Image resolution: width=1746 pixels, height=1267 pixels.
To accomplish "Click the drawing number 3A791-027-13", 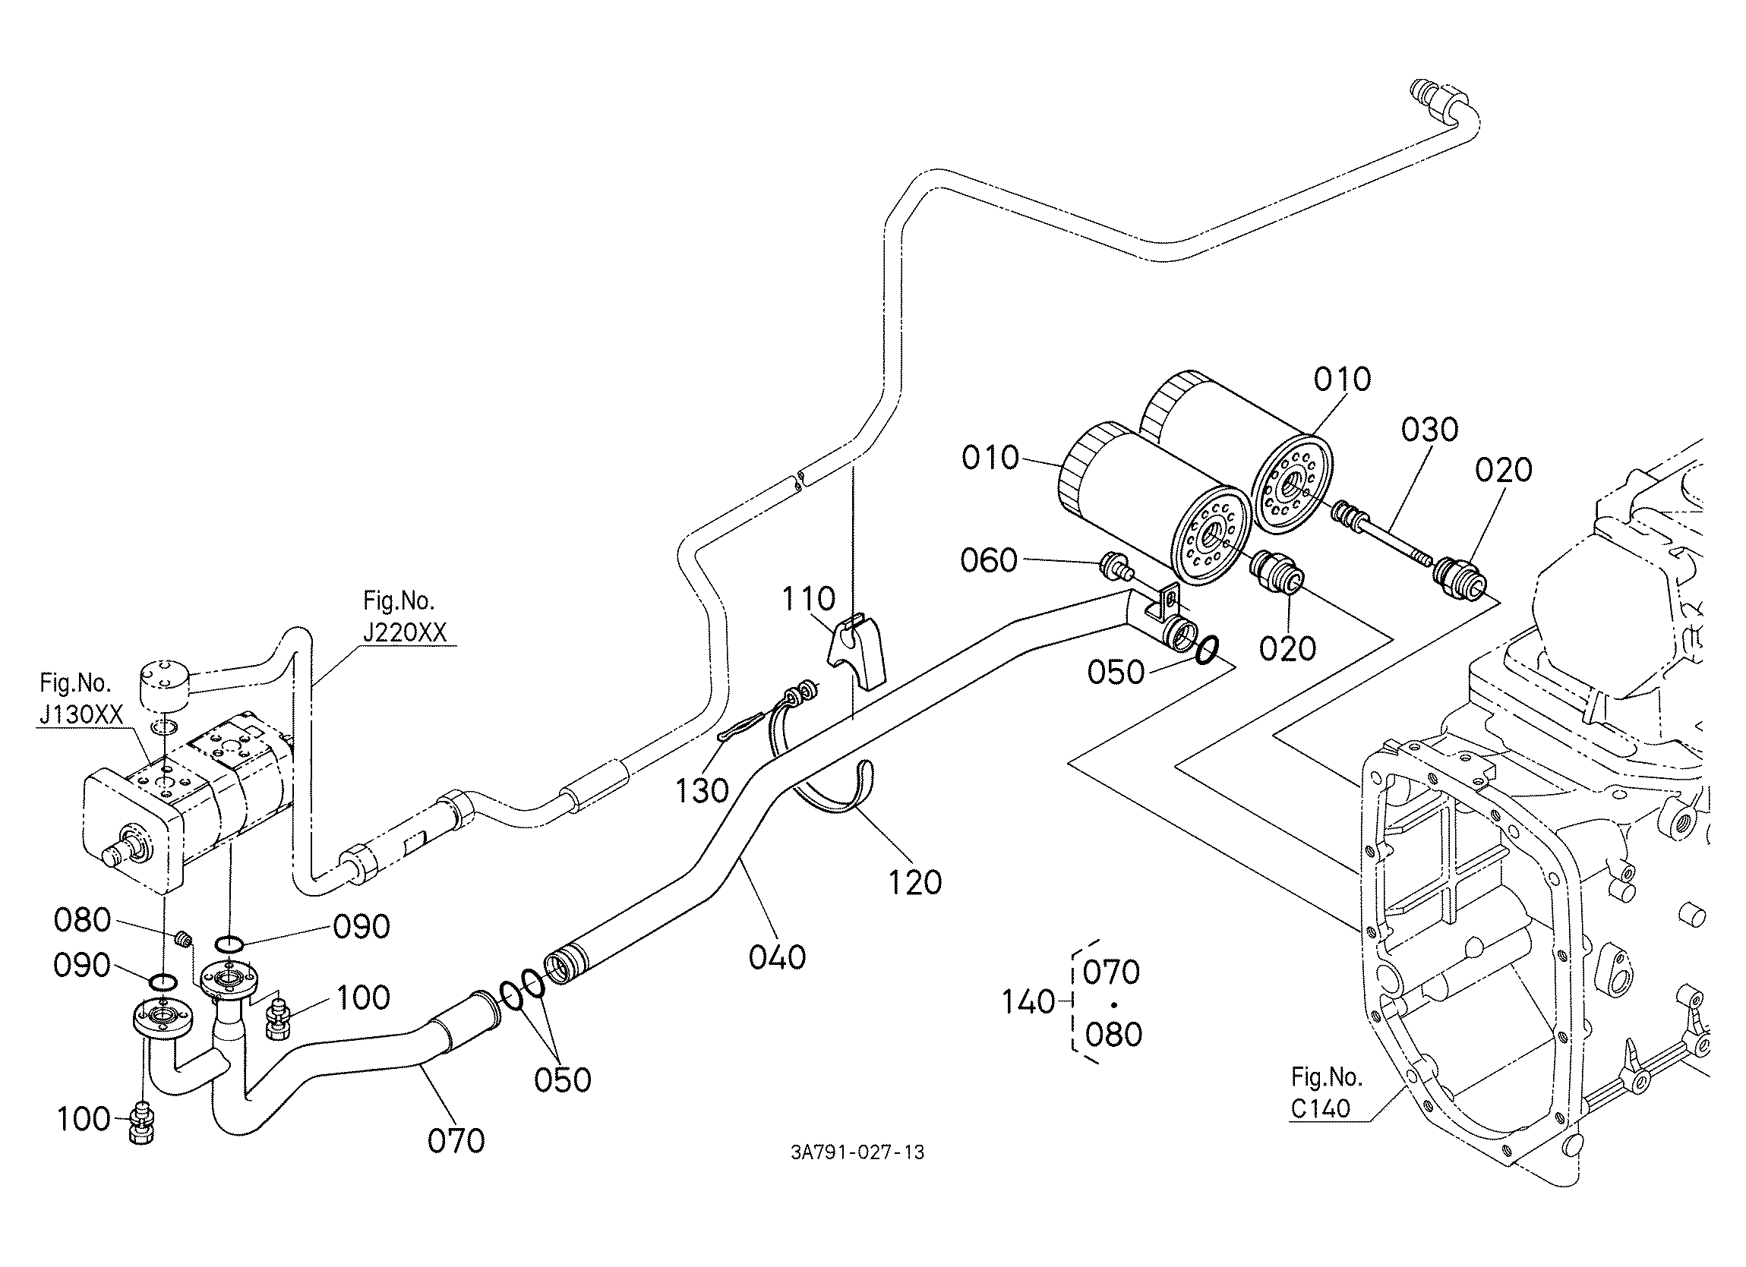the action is pos(857,1152).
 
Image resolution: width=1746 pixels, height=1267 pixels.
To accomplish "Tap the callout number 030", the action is pos(1429,430).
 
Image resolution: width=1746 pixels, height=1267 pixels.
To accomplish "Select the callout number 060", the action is pos(990,560).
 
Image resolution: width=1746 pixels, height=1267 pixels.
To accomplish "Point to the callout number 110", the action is pos(808,598).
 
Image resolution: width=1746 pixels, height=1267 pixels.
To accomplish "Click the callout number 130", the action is pos(702,790).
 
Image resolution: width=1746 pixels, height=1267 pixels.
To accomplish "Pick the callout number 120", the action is pos(914,883).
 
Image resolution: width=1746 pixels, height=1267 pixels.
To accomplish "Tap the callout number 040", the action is pos(778,957).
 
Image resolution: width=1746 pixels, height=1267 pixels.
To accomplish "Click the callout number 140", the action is pos(1028,1002).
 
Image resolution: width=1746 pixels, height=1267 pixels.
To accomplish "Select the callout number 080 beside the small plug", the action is pos(82,920).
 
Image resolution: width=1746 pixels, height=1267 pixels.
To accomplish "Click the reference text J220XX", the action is pos(405,632).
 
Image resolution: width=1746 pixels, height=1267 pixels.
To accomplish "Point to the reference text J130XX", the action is pos(81,715).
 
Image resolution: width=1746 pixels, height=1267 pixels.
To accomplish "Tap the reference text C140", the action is pos(1321,1108).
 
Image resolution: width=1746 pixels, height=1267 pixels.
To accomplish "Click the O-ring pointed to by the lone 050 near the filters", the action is pos(1205,649).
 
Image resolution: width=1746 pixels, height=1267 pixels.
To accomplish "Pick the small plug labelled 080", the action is pos(183,938).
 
